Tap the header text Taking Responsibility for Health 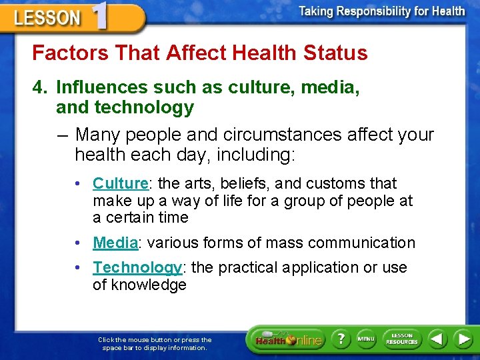coord(381,11)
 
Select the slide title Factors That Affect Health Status coord(200,53)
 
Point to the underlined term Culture coord(120,183)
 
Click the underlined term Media coord(115,243)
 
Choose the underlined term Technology coord(137,267)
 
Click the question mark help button coord(341,339)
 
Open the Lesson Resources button coord(401,339)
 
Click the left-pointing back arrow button coord(437,339)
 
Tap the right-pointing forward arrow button coord(463,339)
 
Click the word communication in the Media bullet coord(363,243)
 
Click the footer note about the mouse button coord(155,343)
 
